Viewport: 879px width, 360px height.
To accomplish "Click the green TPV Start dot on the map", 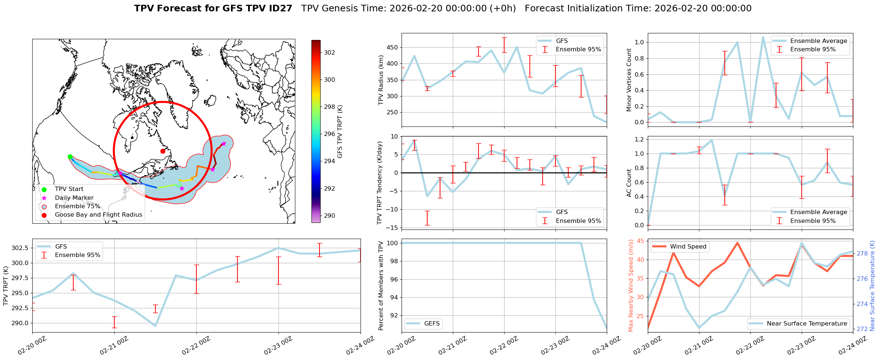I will tap(70, 157).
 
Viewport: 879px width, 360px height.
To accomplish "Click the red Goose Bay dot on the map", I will tap(163, 151).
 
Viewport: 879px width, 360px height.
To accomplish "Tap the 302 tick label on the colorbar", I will tap(329, 52).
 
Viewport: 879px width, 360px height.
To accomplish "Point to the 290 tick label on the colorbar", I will tap(329, 216).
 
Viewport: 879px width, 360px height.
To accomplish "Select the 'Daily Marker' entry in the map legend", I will tap(74, 198).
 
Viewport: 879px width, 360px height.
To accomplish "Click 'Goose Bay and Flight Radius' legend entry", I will tap(98, 215).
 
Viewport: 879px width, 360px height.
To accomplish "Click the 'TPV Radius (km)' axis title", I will tap(381, 80).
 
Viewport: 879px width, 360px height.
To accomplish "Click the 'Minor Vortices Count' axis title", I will tap(629, 80).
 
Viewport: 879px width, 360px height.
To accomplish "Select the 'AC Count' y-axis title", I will tap(629, 183).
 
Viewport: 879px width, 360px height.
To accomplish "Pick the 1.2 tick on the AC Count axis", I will tap(639, 139).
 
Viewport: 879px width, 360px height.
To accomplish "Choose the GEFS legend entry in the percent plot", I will tap(432, 323).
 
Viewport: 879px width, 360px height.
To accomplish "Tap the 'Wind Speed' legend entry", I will tap(688, 247).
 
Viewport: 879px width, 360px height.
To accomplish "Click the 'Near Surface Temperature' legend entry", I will tap(807, 323).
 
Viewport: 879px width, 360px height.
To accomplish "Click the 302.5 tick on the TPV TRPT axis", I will tap(20, 248).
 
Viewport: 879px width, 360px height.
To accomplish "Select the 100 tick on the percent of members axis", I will tap(393, 243).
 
